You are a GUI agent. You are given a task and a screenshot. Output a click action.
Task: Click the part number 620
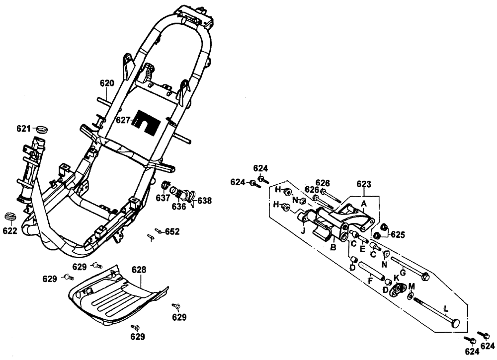(107, 83)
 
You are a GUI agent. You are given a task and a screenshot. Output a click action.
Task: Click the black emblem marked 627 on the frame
(147, 122)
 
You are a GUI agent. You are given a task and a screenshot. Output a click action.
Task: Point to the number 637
(163, 198)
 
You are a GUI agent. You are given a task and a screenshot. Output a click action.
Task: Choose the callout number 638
(204, 201)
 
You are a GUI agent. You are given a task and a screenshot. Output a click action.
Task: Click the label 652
(172, 231)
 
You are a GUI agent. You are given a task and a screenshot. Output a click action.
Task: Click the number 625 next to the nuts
(398, 233)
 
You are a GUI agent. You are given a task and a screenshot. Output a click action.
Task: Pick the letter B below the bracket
(333, 247)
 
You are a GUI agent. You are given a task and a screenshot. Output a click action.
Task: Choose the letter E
(363, 248)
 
